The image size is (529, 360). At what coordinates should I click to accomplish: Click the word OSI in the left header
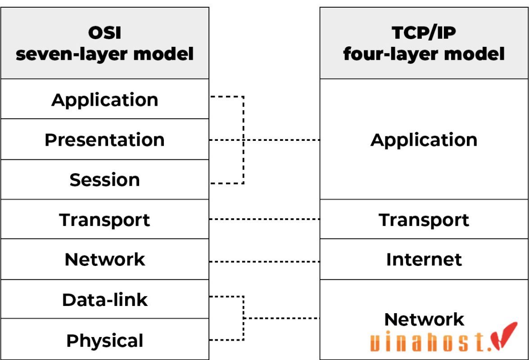click(104, 32)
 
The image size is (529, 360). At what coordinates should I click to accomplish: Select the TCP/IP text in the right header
click(424, 32)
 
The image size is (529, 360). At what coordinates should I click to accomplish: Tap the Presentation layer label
click(104, 139)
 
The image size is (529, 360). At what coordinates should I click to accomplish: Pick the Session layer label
click(104, 180)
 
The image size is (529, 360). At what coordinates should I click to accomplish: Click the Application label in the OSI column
click(104, 99)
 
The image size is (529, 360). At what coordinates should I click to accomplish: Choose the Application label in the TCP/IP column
click(424, 139)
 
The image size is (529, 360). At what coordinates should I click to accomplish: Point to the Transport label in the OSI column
click(104, 220)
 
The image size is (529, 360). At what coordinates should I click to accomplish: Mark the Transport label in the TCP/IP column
click(424, 220)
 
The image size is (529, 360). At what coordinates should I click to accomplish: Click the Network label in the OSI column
click(104, 259)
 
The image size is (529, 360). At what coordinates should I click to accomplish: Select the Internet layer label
click(424, 259)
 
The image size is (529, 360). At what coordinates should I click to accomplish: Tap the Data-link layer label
click(104, 300)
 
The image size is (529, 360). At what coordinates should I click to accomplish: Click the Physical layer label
click(104, 340)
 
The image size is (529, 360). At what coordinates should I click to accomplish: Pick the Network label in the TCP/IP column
click(424, 319)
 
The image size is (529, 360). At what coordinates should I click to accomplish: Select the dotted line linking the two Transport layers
click(265, 219)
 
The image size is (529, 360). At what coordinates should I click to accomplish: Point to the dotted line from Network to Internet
click(265, 261)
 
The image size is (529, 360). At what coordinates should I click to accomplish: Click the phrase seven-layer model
click(104, 54)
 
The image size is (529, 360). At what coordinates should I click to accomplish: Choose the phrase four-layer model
click(424, 54)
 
